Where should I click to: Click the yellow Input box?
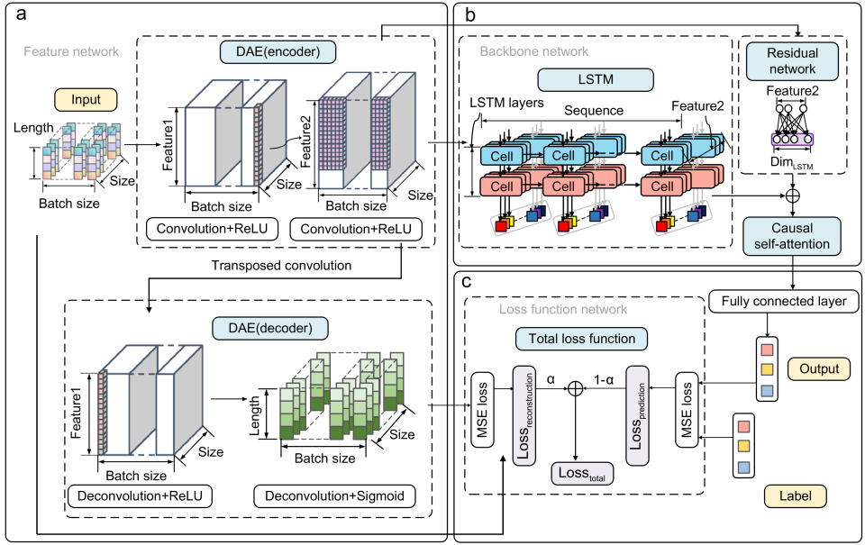point(86,100)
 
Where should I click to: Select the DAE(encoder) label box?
point(278,52)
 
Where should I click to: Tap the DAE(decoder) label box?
point(270,328)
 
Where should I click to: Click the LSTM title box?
point(596,79)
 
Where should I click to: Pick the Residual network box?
point(792,61)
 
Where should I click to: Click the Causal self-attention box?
point(792,236)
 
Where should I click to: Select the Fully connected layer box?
point(783,301)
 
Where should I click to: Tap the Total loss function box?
point(581,339)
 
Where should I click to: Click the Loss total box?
point(582,474)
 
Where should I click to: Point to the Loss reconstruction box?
point(524,416)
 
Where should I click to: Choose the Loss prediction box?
point(637,416)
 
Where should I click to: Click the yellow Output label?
point(819,369)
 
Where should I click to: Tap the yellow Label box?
point(795,496)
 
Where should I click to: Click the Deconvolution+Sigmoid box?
point(334,496)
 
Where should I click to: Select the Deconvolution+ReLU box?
point(140,496)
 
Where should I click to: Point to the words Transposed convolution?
point(281,266)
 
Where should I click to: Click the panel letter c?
point(467,282)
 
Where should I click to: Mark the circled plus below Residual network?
point(792,195)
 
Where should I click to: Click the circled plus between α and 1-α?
point(576,389)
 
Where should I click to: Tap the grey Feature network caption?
point(71,52)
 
